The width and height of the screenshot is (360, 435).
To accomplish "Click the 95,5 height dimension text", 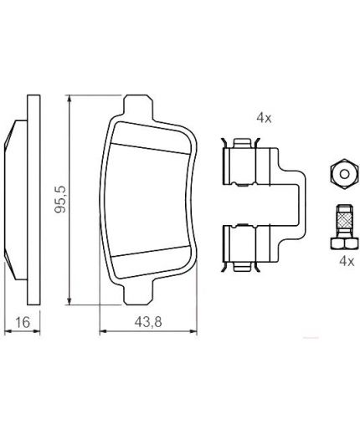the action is click(x=60, y=199).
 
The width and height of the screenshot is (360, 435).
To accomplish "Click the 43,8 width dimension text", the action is click(x=148, y=322).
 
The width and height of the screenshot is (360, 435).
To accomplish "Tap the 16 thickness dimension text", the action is click(x=23, y=322).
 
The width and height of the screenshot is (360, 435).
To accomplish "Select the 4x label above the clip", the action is click(x=264, y=118).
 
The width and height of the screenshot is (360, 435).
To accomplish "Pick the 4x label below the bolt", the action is click(x=347, y=261).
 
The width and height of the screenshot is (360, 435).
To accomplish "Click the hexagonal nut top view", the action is click(x=344, y=174).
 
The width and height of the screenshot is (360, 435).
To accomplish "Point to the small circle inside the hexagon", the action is click(x=345, y=174).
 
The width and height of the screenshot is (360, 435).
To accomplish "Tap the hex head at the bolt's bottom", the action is click(x=344, y=243).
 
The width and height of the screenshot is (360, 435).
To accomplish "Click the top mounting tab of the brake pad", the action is click(x=138, y=107).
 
